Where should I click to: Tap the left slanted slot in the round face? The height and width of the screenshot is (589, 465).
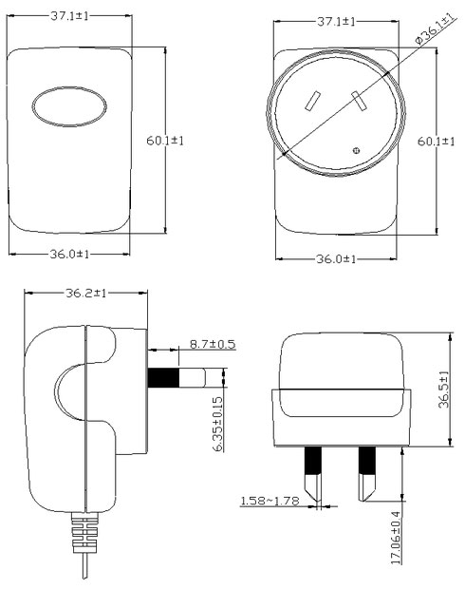point(312,102)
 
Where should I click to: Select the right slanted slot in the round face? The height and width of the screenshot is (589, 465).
point(359,101)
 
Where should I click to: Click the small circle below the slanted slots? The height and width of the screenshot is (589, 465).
point(356,151)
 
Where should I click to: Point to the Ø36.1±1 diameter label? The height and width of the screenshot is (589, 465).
point(436,28)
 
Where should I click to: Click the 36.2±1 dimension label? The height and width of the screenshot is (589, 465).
point(86,293)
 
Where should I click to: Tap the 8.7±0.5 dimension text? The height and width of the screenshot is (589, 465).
point(213,344)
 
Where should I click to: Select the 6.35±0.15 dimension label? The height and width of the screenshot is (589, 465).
point(217,424)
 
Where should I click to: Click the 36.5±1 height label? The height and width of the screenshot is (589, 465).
point(443,389)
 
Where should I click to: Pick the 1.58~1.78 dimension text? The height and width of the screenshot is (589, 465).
point(270,501)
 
